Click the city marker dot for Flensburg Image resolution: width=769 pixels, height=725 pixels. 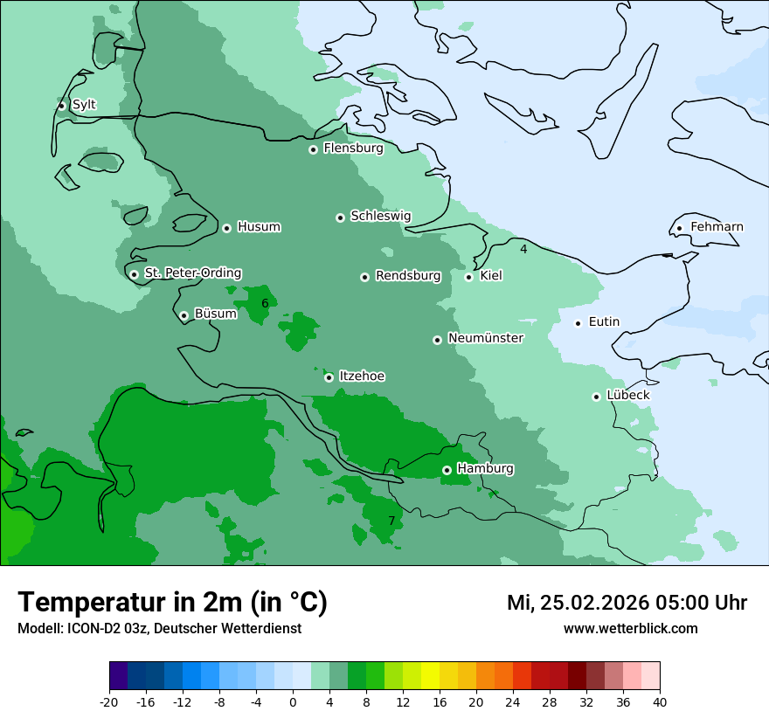pyautogui.click(x=313, y=149)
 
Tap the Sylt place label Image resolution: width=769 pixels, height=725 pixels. pyautogui.click(x=84, y=105)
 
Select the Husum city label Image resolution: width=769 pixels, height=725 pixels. pyautogui.click(x=259, y=227)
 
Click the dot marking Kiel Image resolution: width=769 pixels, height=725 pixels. pyautogui.click(x=468, y=277)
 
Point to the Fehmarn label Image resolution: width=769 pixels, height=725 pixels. pyautogui.click(x=717, y=227)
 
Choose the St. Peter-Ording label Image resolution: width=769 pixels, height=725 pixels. pyautogui.click(x=192, y=273)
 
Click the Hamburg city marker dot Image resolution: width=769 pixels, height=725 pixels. pyautogui.click(x=447, y=470)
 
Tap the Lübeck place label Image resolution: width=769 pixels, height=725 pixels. pyautogui.click(x=627, y=395)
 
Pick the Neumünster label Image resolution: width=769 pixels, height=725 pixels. pyautogui.click(x=486, y=338)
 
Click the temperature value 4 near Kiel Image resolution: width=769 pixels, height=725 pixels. pyautogui.click(x=523, y=249)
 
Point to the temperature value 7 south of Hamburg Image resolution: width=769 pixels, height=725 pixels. pyautogui.click(x=391, y=521)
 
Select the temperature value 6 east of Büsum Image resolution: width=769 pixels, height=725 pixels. pyautogui.click(x=265, y=303)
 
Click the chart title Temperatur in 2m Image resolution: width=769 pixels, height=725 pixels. pyautogui.click(x=172, y=602)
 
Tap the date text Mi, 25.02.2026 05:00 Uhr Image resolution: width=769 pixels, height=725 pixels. pyautogui.click(x=627, y=603)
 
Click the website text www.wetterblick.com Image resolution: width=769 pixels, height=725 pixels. pyautogui.click(x=630, y=628)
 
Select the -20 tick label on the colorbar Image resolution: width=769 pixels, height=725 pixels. pyautogui.click(x=109, y=701)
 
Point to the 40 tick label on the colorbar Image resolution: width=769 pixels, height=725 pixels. pyautogui.click(x=660, y=701)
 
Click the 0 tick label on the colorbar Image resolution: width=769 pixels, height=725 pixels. pyautogui.click(x=293, y=701)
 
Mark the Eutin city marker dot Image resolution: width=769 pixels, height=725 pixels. pyautogui.click(x=578, y=323)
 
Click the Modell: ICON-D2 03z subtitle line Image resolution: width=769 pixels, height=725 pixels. pyautogui.click(x=159, y=628)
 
